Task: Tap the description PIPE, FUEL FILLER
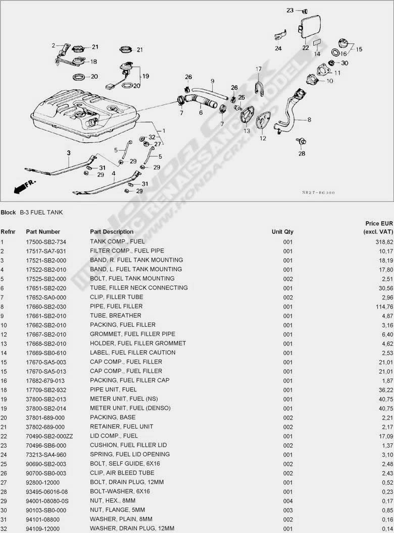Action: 116,306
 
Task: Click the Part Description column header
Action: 112,231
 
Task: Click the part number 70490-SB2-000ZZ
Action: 50,436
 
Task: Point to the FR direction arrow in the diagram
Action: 21,188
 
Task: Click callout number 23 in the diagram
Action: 290,10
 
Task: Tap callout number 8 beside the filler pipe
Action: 309,120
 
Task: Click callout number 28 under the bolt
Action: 302,153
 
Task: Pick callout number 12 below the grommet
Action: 263,138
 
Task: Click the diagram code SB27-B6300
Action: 318,192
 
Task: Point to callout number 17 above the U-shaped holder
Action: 258,69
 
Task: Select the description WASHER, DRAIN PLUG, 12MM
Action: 132,528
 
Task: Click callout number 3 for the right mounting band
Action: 69,152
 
